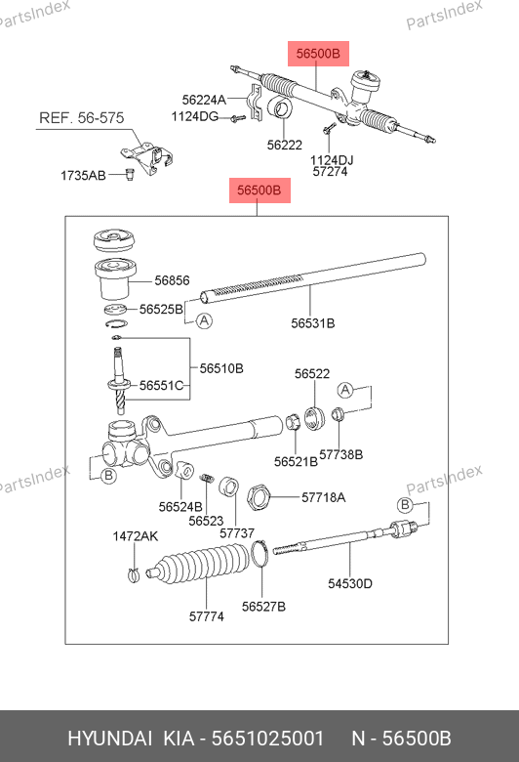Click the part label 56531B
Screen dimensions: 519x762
coord(312,323)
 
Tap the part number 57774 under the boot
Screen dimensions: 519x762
coord(207,616)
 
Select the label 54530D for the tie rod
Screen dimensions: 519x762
coord(350,583)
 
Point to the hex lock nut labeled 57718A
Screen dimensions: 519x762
coord(259,497)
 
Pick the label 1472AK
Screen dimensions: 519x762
coord(136,536)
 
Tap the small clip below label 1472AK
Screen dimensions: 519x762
coord(134,575)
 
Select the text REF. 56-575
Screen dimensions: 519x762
coord(82,118)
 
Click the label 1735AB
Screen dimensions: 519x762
coord(83,176)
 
